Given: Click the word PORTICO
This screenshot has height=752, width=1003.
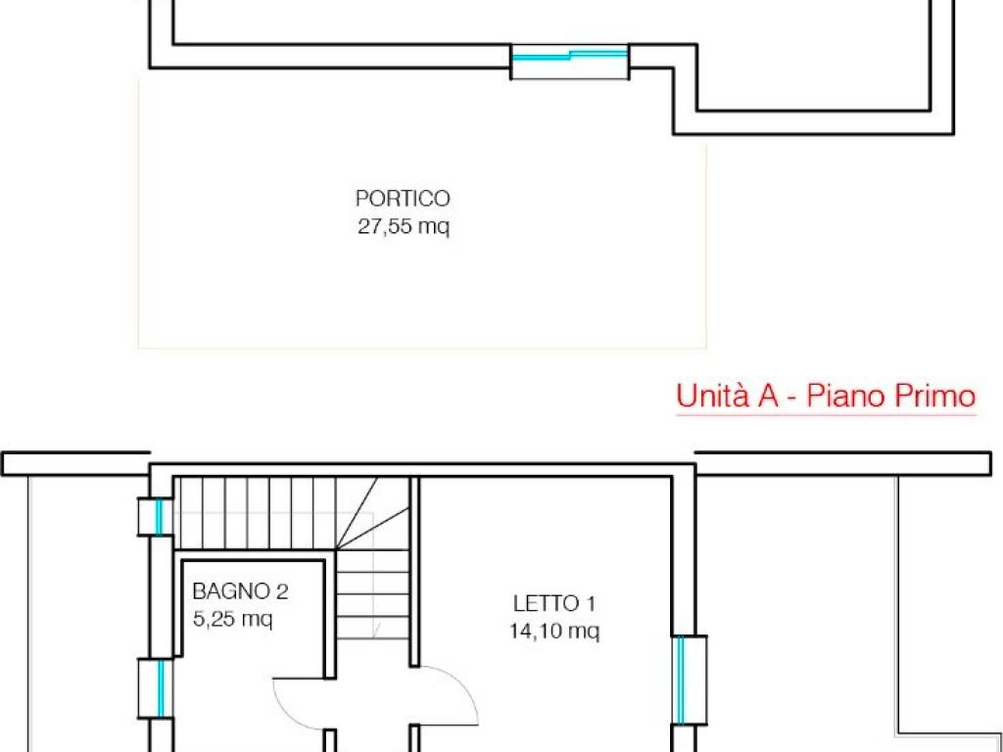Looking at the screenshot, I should point(403,199).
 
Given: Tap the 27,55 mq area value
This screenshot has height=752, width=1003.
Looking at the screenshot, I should point(403,228).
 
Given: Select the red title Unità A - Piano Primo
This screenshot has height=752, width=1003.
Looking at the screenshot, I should point(826,397).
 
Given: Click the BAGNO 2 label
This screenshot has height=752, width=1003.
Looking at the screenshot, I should point(240,591).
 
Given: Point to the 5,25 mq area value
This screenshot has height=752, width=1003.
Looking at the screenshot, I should point(233,619).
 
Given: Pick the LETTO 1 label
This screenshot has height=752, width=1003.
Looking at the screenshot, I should point(554,602).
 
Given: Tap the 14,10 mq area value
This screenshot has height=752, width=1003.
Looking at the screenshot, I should point(554,632).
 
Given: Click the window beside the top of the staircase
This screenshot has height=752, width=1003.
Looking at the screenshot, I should point(156,517).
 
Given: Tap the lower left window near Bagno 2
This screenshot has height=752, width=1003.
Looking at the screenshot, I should point(156,688).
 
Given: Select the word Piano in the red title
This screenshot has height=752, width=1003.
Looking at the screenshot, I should point(850,397).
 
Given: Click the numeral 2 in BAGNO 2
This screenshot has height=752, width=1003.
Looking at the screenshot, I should point(282,591).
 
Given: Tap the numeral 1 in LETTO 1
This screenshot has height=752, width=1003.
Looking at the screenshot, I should point(591,602).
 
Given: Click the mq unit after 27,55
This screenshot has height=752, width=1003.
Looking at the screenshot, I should point(434,229).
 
